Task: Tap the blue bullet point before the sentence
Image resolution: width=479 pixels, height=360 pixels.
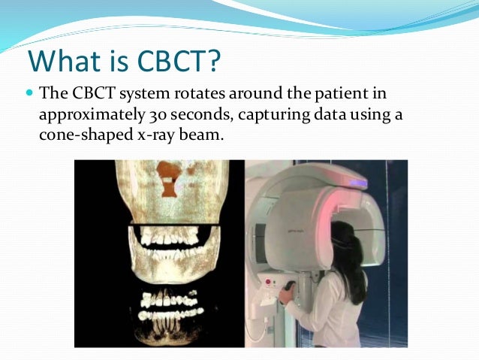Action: pos(29,95)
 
